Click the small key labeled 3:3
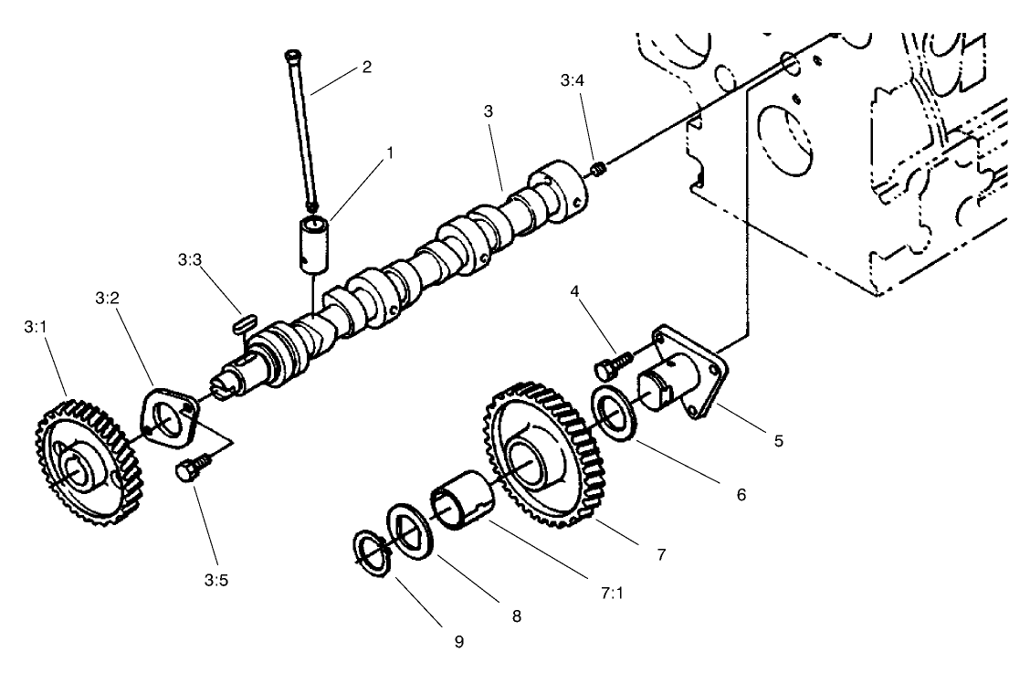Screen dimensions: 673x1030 [x=242, y=321]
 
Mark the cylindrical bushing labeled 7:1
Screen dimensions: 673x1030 [x=463, y=499]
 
